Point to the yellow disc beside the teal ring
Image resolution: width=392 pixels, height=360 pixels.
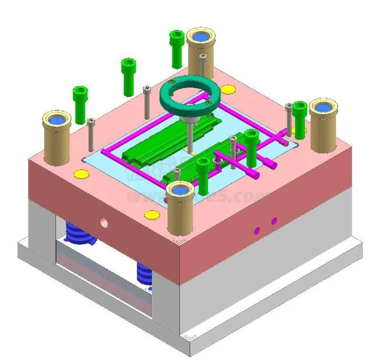(228, 89)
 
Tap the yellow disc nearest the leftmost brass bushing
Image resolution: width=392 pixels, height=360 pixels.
(82, 174)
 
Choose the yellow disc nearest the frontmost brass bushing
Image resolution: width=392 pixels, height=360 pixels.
(152, 214)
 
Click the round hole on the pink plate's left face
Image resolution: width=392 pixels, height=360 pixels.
(103, 221)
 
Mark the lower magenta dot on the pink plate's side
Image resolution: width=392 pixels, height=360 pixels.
(257, 231)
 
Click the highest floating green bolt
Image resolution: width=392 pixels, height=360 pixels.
(176, 48)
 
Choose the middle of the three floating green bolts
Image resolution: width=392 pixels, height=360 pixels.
(129, 72)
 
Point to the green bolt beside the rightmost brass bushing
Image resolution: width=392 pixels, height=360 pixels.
(300, 118)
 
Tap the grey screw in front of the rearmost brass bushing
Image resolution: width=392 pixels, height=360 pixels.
(203, 65)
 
